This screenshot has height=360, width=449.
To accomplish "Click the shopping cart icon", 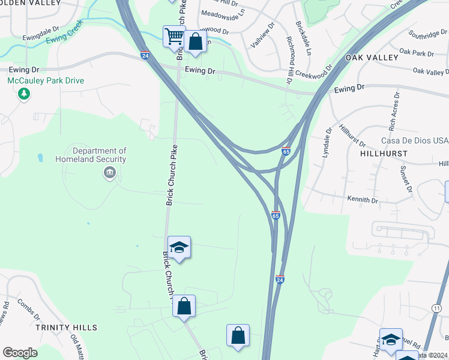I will [x=174, y=36].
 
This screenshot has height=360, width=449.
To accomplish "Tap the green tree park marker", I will [x=24, y=94].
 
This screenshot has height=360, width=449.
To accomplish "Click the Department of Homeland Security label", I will [x=99, y=155].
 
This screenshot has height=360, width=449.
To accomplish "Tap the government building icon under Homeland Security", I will [x=109, y=173].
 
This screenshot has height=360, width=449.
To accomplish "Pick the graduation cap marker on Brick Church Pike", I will [x=179, y=247].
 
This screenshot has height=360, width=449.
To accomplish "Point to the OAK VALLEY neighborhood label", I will [x=372, y=58].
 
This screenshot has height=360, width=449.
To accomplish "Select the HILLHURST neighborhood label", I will [x=384, y=154].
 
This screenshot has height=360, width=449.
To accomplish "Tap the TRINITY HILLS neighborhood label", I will [x=66, y=328].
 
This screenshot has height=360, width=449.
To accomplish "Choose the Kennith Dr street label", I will [x=363, y=199].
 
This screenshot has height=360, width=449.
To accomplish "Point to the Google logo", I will [x=20, y=353].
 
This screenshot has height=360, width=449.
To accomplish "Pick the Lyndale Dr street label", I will [x=327, y=142].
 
